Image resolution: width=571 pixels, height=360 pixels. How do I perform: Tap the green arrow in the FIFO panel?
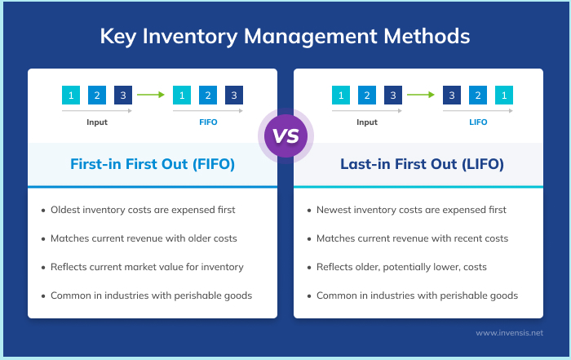pos(150,95)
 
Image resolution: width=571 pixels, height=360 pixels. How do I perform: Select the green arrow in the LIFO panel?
pos(420,95)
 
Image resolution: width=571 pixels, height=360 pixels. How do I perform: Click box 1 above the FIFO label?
pos(181,95)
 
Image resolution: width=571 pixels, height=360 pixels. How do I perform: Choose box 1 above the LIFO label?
pos(505,95)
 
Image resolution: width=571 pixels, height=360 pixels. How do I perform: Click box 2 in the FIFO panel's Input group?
pos(97,95)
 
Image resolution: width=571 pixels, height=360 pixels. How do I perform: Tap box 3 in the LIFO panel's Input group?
pos(393,95)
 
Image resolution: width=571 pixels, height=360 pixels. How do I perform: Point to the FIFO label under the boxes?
pos(208,122)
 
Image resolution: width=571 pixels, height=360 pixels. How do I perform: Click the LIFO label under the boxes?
pos(478,122)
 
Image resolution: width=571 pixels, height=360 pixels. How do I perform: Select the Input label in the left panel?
pos(97,122)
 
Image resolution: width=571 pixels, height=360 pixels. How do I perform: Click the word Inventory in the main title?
pos(188,37)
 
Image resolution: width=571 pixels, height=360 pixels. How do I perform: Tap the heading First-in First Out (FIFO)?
pos(153,164)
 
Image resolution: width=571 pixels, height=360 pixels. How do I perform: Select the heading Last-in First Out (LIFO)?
pos(418,164)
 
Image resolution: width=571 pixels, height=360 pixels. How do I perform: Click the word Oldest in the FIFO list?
pos(68,210)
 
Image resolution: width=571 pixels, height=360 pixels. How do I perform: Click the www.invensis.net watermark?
pos(508,333)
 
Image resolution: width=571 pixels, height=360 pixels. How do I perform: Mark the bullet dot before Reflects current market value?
pos(43,267)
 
